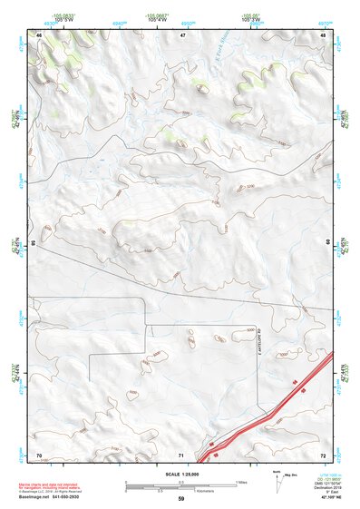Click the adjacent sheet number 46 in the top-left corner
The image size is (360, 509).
click(x=39, y=34)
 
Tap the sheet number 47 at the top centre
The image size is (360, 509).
click(x=181, y=34)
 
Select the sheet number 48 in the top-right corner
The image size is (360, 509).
click(x=323, y=34)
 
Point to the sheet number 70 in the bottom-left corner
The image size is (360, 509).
click(x=39, y=454)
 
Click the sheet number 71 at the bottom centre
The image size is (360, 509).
click(x=181, y=454)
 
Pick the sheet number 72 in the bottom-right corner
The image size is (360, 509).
click(x=323, y=454)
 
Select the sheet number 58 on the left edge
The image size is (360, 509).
click(x=34, y=243)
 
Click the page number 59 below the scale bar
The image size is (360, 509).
click(x=181, y=499)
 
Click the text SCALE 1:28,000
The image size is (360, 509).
click(x=181, y=474)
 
